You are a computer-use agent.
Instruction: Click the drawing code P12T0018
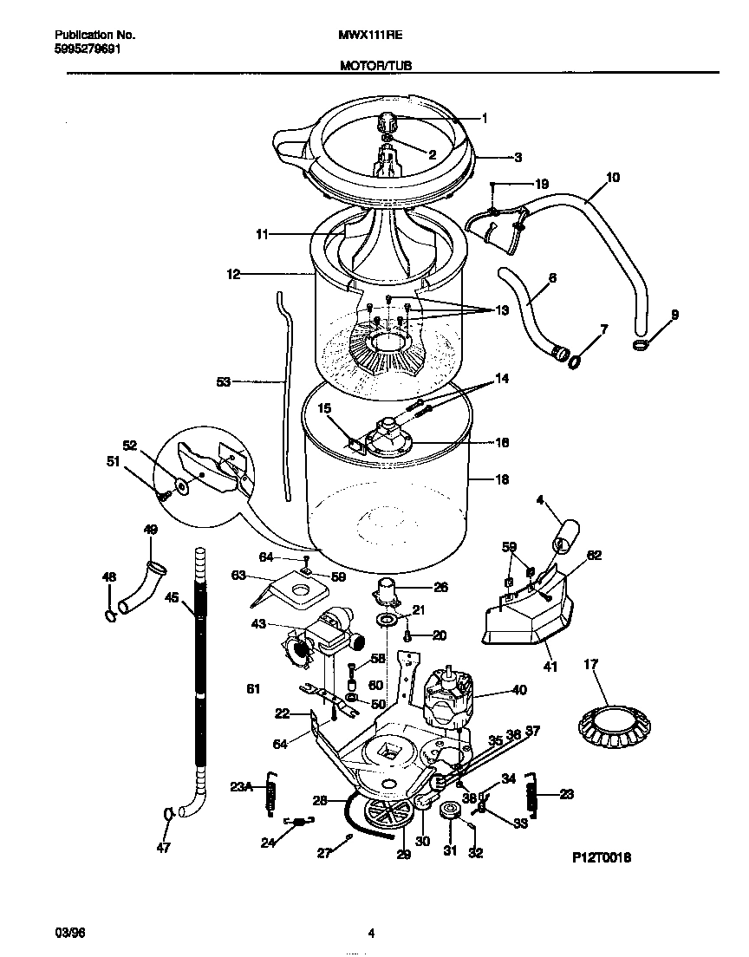point(601,857)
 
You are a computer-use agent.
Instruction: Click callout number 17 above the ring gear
point(590,666)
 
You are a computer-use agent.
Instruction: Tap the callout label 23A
point(241,788)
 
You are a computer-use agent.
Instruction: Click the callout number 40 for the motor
point(518,691)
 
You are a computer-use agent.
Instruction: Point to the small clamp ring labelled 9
point(639,345)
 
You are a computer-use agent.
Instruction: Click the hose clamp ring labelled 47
point(167,813)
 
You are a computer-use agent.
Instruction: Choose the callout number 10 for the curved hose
point(612,178)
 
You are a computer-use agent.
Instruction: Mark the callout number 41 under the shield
point(550,667)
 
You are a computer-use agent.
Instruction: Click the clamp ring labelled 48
point(108,615)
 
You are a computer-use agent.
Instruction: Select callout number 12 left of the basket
point(233,274)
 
